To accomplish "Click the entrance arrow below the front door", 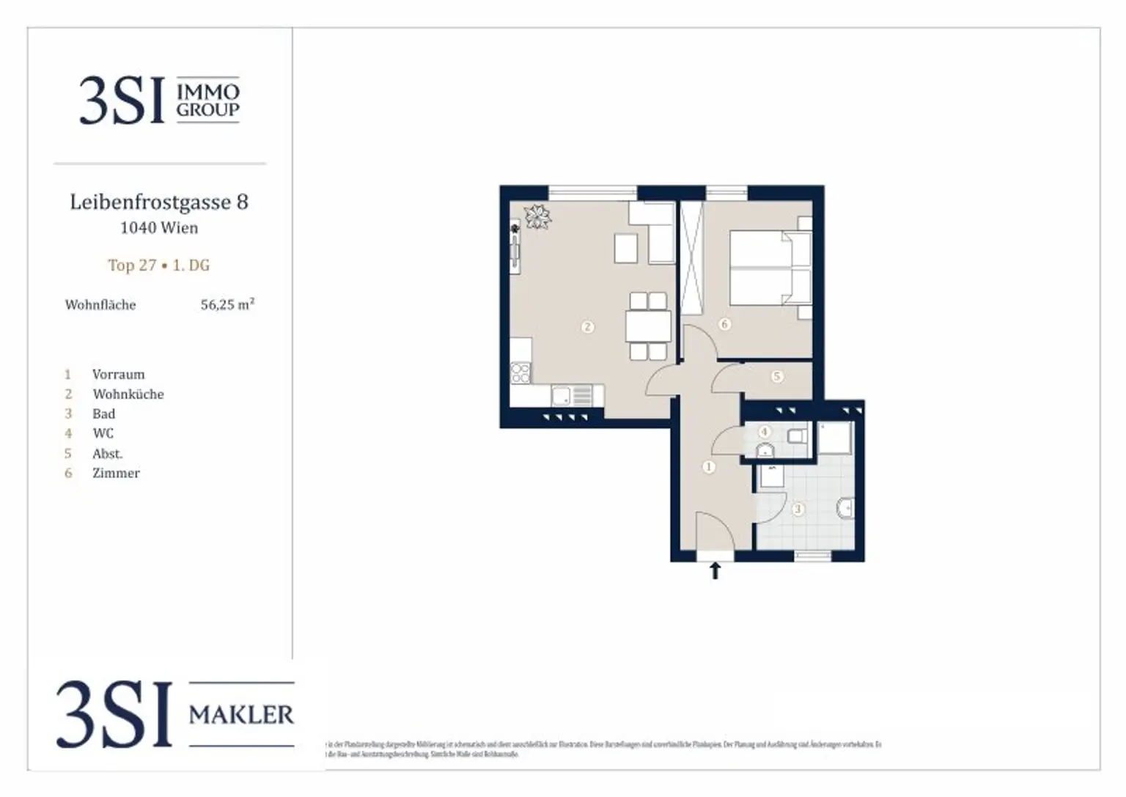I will pyautogui.click(x=715, y=570).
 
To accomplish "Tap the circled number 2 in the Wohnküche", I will pyautogui.click(x=587, y=327).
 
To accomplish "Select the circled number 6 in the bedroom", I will pyautogui.click(x=724, y=323).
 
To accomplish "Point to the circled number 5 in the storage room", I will pyautogui.click(x=777, y=376).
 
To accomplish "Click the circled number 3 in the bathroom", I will pyautogui.click(x=798, y=508).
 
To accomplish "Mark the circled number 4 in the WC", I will pyautogui.click(x=765, y=432).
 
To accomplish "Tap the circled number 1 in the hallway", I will pyautogui.click(x=708, y=466).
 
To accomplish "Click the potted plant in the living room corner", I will pyautogui.click(x=537, y=216).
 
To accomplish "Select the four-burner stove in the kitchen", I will pyautogui.click(x=520, y=372).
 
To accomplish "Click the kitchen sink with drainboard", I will pyautogui.click(x=572, y=397).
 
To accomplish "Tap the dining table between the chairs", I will pyautogui.click(x=648, y=326).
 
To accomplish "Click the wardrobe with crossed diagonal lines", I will pyautogui.click(x=691, y=258).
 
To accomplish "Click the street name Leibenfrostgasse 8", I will pyautogui.click(x=159, y=202).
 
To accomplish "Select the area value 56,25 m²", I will pyautogui.click(x=227, y=304).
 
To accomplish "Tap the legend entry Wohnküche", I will pyautogui.click(x=128, y=394).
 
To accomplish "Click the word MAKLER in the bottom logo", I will pyautogui.click(x=241, y=714).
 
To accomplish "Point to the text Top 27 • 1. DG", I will pyautogui.click(x=159, y=265).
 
